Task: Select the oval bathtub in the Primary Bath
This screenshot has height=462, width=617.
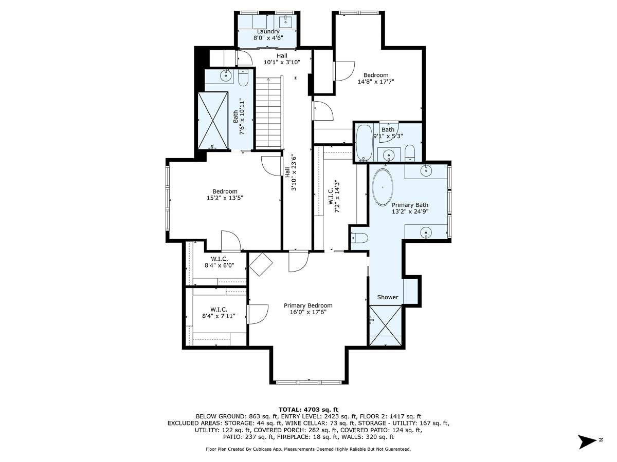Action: point(383,187)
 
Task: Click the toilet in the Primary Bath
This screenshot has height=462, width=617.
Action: point(359,238)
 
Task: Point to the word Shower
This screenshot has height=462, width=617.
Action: point(388,297)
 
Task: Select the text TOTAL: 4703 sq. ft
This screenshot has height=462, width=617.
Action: point(308,410)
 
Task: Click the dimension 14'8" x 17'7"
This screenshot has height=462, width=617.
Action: point(376,82)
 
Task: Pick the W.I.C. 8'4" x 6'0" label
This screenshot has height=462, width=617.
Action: point(219,262)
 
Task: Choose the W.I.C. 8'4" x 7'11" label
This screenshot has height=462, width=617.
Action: point(219,313)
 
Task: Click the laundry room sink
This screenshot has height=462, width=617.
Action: point(285,20)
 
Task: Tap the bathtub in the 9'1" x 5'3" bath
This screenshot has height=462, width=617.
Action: point(364,143)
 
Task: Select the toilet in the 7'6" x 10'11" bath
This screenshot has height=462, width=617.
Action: point(243,78)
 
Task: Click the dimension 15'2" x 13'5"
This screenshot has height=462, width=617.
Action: point(225,198)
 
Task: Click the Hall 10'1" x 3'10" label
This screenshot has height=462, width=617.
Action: point(282,59)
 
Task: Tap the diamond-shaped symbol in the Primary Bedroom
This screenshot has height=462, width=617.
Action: point(261,264)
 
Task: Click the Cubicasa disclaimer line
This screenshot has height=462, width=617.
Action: point(308,449)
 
